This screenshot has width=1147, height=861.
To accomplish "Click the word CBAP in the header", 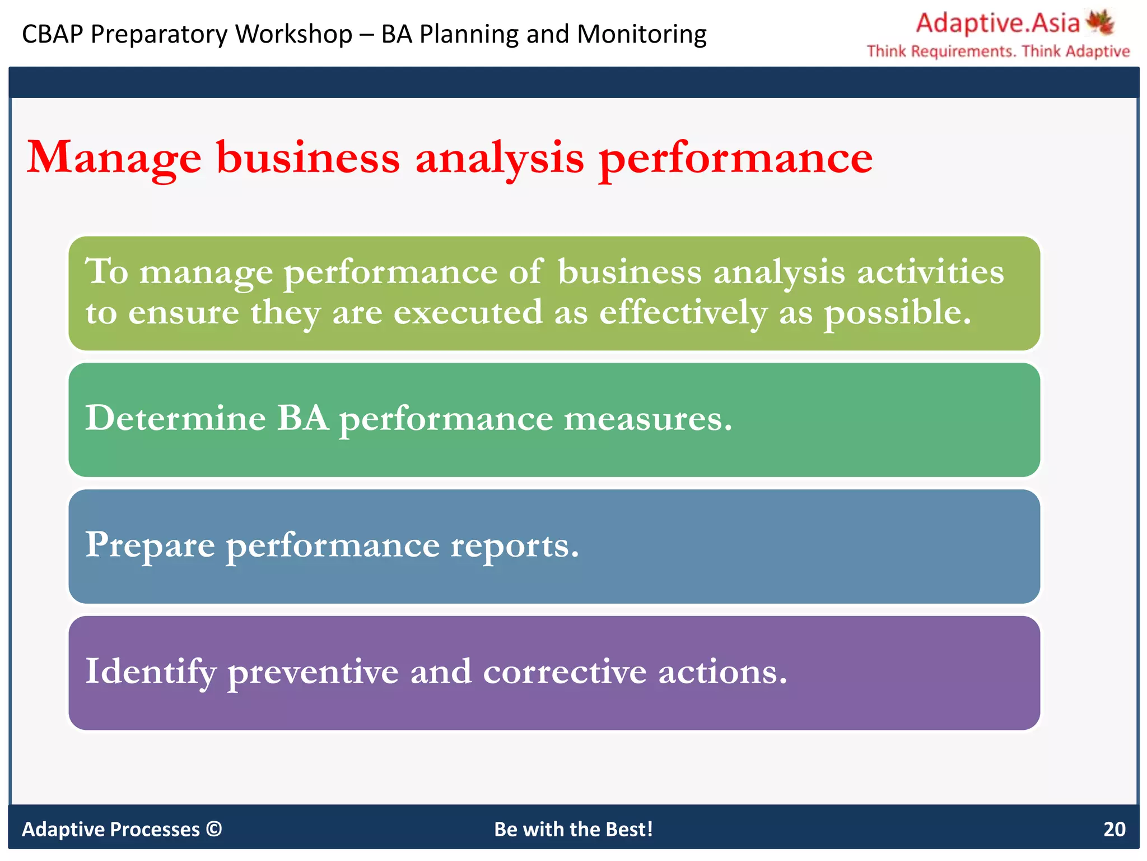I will (53, 34).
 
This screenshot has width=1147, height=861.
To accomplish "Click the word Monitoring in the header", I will (642, 34).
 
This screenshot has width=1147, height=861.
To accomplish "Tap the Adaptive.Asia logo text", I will (997, 23).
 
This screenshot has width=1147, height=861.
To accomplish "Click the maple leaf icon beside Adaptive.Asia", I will (1100, 22).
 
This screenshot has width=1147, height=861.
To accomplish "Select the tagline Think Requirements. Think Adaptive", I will (998, 52).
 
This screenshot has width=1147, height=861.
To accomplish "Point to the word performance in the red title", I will (735, 159).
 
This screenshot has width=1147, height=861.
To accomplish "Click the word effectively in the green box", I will (683, 312).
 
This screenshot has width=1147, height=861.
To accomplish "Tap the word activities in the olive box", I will (930, 272).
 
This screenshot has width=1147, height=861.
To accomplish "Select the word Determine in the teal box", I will (175, 418).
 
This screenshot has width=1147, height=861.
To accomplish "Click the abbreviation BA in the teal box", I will (302, 418).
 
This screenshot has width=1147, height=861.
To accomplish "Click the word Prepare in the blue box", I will (150, 545).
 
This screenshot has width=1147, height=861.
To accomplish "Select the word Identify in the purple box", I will (151, 672).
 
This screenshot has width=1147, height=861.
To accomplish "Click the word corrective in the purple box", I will (565, 672).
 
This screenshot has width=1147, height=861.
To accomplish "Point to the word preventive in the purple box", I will (313, 672).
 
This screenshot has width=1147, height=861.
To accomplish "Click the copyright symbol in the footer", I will (214, 828).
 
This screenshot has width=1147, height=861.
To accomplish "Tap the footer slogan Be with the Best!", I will (573, 829).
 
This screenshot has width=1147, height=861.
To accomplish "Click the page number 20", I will (1114, 829).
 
